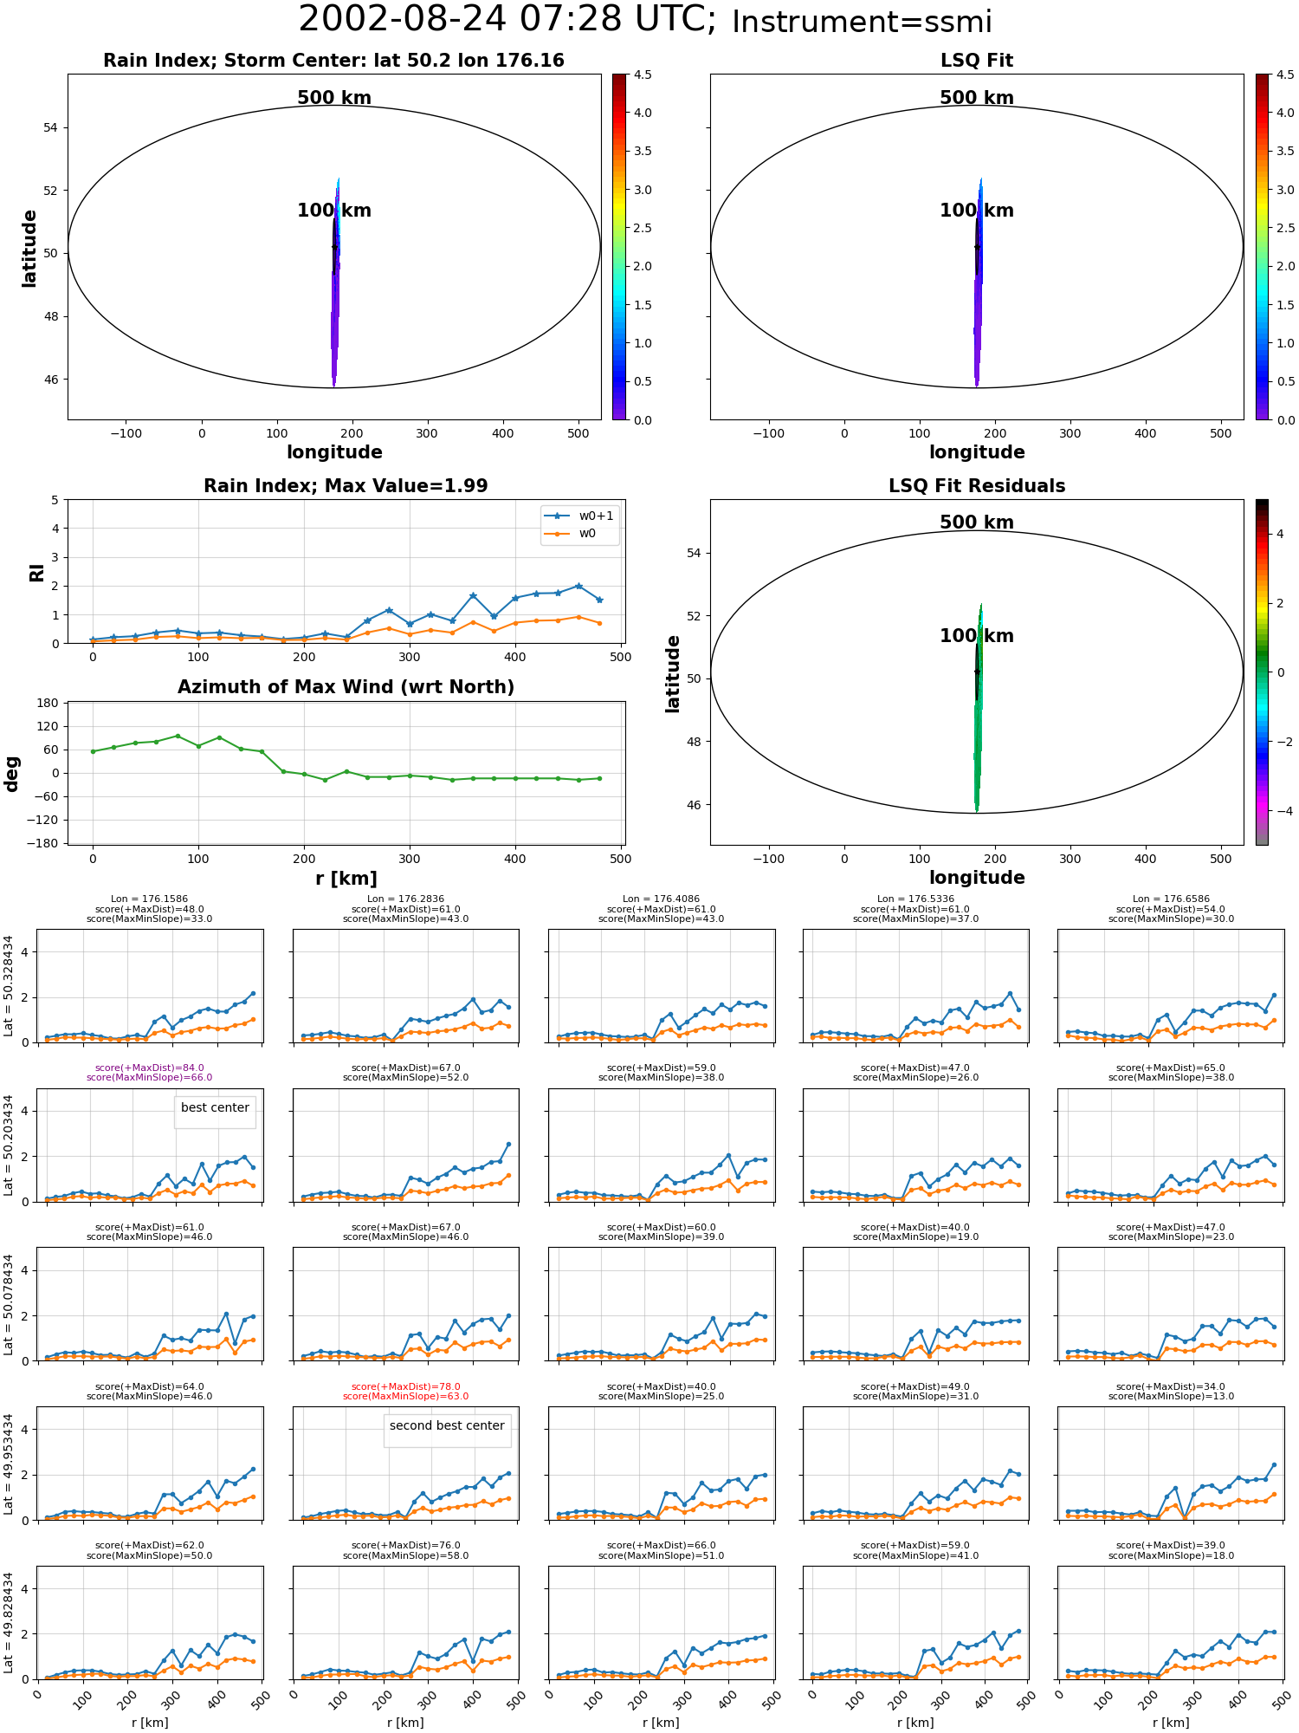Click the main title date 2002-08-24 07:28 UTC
tap(507, 20)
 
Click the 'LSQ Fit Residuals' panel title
tap(977, 486)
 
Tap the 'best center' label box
tap(215, 1107)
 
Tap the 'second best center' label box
tap(447, 1425)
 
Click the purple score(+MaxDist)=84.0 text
tap(150, 1068)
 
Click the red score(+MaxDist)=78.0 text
tap(406, 1386)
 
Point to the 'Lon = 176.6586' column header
tap(1171, 899)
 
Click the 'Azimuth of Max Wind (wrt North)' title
tap(346, 687)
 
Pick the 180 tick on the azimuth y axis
tap(48, 703)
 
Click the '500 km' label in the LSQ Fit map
tap(977, 98)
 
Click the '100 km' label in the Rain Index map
tap(334, 211)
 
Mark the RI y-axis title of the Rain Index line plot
tap(36, 572)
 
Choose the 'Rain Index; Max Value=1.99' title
tap(346, 486)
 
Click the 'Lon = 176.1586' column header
tap(150, 899)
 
